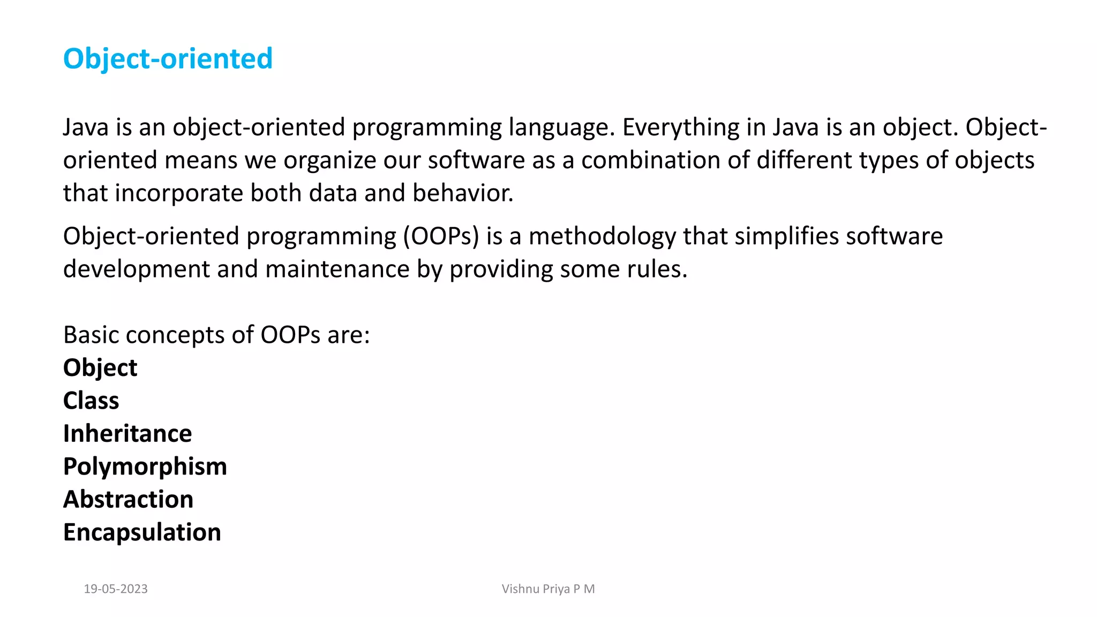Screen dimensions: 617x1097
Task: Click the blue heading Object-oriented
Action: tap(168, 58)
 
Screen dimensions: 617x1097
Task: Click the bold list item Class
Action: tap(91, 401)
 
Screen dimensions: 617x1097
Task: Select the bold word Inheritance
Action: tap(127, 433)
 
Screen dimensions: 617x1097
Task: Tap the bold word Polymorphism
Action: tap(145, 466)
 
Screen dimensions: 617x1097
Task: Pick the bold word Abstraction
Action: tap(128, 499)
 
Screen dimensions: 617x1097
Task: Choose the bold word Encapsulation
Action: tap(142, 532)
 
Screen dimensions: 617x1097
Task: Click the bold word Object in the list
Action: tap(100, 368)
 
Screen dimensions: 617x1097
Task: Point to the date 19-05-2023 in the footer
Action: tap(116, 589)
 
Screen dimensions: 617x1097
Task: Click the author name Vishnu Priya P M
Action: tap(548, 589)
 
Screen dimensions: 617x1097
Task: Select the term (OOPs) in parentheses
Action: tap(441, 236)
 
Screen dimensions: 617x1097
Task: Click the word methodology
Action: tap(602, 236)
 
